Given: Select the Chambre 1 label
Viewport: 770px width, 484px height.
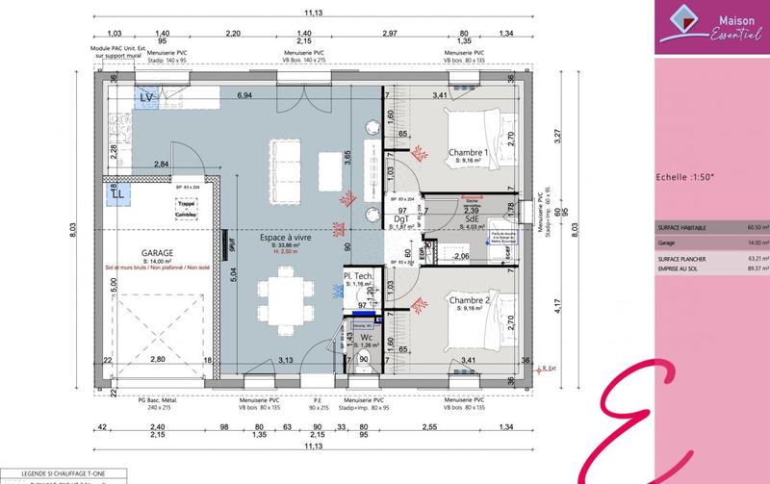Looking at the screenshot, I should tap(470, 153).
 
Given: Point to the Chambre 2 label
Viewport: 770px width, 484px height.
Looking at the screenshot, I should tap(470, 301).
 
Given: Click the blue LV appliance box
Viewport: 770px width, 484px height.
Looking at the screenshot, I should tap(147, 98).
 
